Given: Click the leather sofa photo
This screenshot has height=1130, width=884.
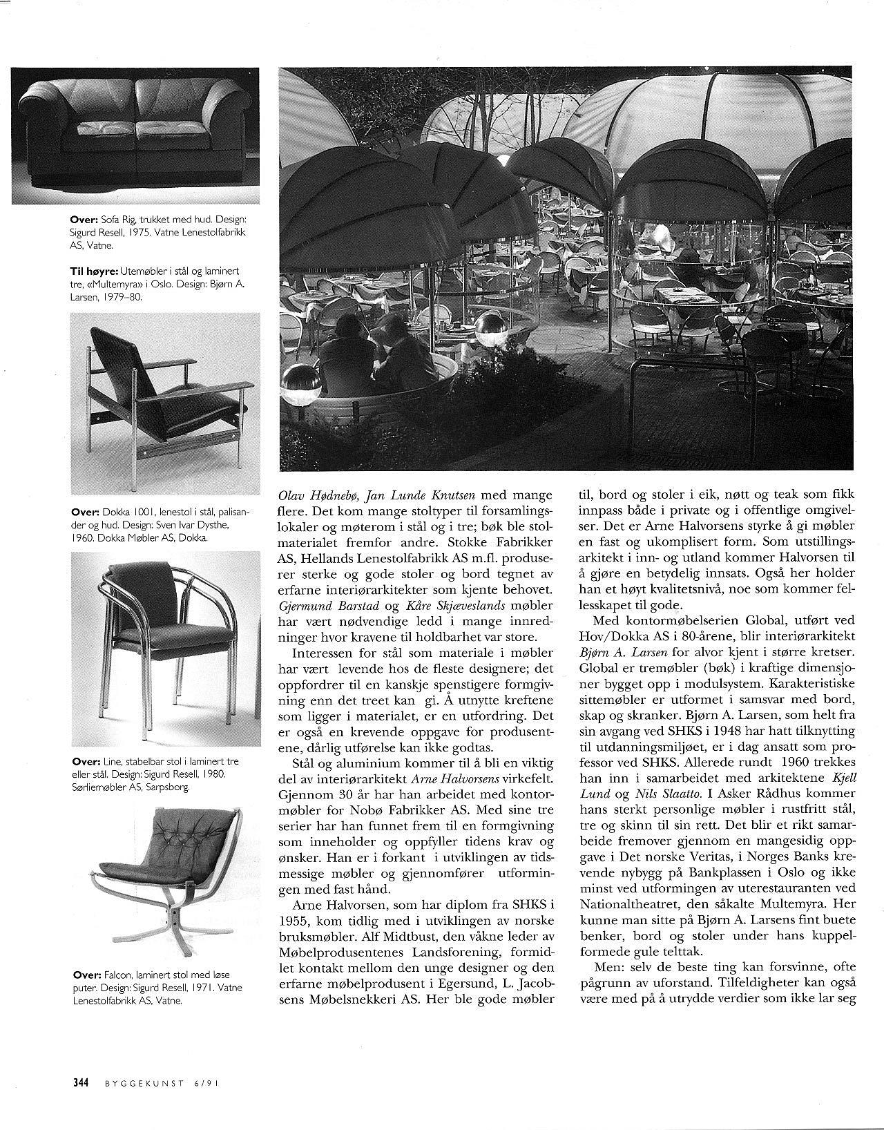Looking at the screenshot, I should click(x=135, y=135).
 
